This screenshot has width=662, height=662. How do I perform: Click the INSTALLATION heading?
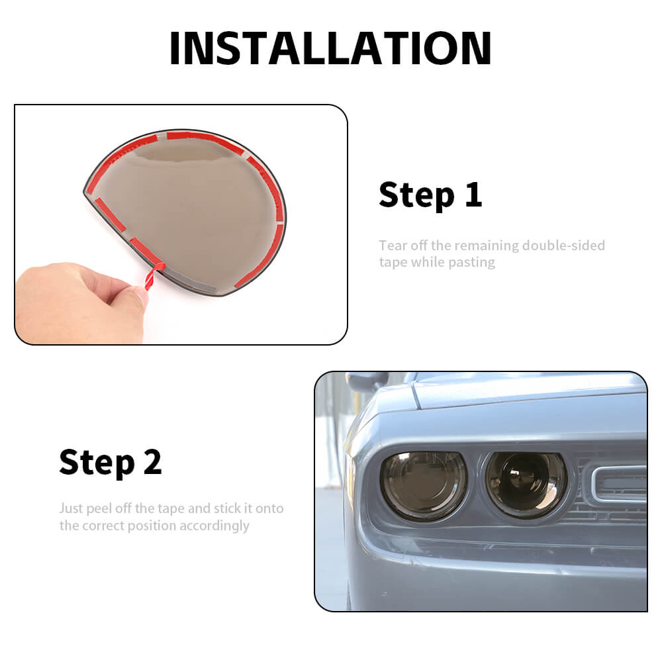click(330, 48)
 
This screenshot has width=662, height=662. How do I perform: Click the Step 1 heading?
click(430, 195)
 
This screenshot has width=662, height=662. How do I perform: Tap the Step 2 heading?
click(111, 462)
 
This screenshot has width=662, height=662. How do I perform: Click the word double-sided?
click(563, 246)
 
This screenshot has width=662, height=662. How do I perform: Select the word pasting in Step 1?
click(471, 263)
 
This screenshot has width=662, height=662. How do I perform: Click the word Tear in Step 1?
click(393, 246)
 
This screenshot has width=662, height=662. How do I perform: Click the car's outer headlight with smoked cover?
click(424, 485)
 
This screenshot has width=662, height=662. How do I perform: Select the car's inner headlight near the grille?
click(525, 485)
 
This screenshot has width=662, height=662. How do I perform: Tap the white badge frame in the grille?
click(618, 484)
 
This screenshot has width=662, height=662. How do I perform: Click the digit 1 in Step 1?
click(474, 195)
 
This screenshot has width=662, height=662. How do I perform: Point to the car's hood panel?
click(528, 389)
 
